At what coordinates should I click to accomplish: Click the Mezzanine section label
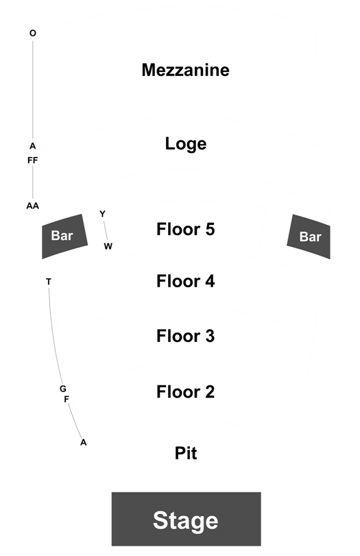[x=186, y=70]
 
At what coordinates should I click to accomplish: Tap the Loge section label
[x=186, y=144]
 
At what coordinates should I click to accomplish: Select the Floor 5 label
[x=186, y=229]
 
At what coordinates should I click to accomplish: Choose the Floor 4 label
[x=186, y=281]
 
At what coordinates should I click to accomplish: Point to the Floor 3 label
[x=186, y=336]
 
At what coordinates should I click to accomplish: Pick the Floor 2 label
[x=186, y=392]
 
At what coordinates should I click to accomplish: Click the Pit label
[x=186, y=453]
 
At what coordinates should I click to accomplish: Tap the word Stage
[x=186, y=521]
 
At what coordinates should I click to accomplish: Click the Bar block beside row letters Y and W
[x=64, y=236]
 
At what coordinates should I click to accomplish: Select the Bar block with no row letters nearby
[x=309, y=237]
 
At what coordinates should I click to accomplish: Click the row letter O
[x=33, y=34]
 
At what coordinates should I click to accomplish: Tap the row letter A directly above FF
[x=33, y=146]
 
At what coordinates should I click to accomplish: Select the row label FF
[x=33, y=160]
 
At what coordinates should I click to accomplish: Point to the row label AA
[x=33, y=206]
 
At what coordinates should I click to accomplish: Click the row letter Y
[x=102, y=214]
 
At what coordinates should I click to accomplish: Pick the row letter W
[x=108, y=246]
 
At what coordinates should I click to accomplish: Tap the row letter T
[x=49, y=282]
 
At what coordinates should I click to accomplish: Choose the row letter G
[x=63, y=389]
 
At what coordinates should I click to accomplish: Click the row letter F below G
[x=67, y=399]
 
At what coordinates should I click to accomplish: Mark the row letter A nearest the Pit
[x=84, y=442]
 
